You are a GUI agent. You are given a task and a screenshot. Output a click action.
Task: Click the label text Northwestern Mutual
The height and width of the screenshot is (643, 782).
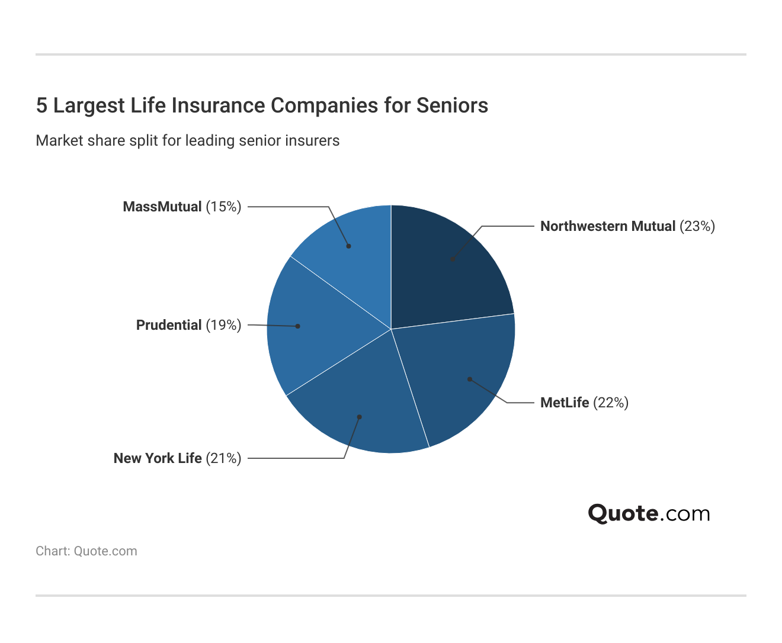coord(608,226)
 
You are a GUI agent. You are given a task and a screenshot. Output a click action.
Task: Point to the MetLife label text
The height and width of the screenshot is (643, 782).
coord(565,403)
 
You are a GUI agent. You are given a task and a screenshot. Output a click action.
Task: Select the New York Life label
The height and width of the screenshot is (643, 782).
coord(158,458)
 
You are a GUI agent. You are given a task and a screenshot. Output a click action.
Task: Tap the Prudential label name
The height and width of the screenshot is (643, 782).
coord(169,325)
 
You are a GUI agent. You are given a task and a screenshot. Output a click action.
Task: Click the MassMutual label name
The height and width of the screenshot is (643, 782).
coord(162,207)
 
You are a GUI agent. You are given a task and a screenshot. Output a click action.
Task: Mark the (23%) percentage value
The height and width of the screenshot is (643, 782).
coord(697,226)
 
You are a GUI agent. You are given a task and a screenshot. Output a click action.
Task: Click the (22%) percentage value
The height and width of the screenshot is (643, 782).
coord(611,403)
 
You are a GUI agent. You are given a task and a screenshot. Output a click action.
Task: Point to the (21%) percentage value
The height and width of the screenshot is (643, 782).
coord(223,458)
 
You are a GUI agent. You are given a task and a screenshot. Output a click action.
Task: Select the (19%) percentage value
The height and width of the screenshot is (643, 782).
coord(223,325)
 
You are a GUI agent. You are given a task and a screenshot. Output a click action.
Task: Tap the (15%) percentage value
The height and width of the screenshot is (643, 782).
coord(223,207)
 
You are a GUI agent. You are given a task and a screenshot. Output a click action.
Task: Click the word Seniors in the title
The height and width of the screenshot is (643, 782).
coord(452,105)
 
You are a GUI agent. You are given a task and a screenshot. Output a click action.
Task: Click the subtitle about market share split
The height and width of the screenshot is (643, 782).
coord(188,141)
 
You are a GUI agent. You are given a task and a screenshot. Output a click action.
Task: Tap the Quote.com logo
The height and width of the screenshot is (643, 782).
coord(649,513)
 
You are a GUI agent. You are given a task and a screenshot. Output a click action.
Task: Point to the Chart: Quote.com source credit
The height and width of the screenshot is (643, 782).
coord(86,551)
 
